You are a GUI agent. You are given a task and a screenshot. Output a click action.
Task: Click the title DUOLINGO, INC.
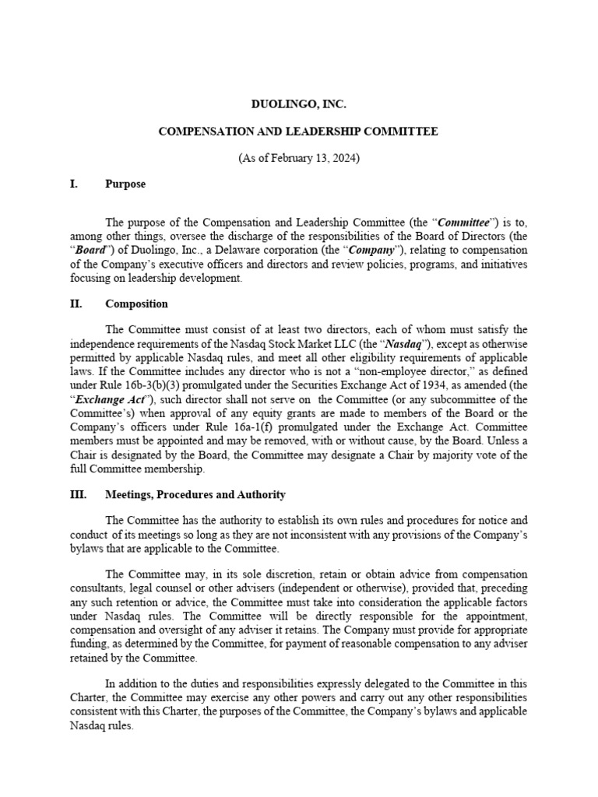tap(298, 104)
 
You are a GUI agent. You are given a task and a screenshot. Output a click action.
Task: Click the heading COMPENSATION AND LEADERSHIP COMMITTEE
tap(298, 132)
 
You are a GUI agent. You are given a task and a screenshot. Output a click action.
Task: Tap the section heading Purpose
tap(125, 184)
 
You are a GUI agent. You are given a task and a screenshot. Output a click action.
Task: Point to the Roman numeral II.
tap(76, 304)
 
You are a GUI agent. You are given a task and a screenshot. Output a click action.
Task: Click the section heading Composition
tap(136, 304)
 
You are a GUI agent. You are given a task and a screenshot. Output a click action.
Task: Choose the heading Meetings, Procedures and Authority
tap(195, 494)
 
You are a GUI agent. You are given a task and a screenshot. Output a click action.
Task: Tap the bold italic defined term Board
tap(90, 251)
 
